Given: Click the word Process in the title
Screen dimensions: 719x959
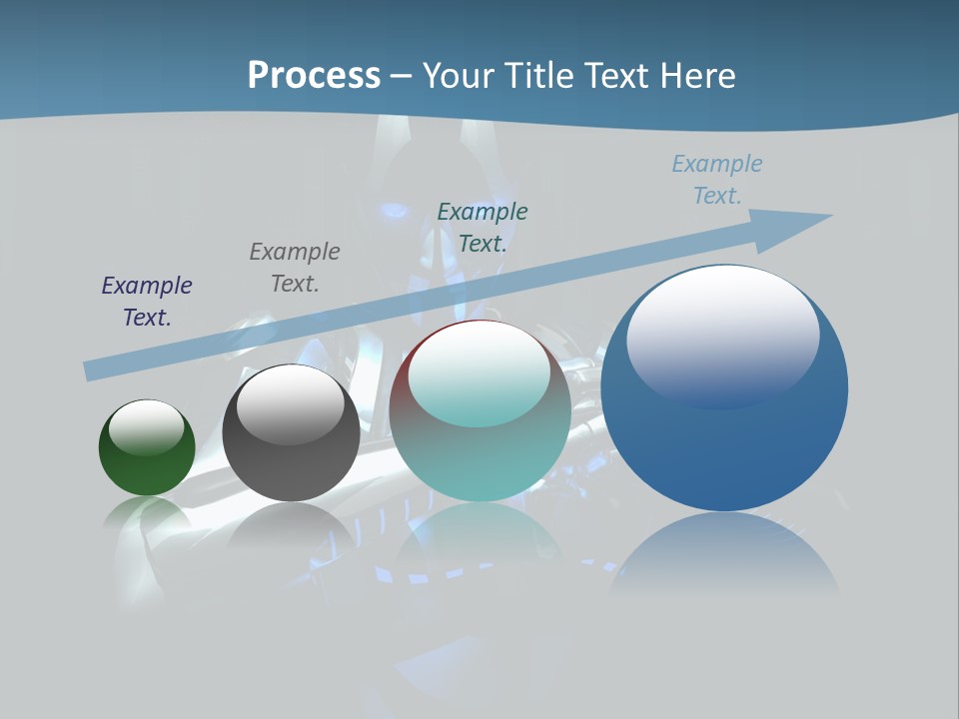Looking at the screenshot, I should click(x=314, y=76).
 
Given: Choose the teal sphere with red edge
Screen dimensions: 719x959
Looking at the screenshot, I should click(x=479, y=449).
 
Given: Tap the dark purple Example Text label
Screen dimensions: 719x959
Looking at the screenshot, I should click(x=147, y=302).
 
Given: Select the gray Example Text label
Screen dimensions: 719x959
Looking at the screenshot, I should click(x=295, y=268).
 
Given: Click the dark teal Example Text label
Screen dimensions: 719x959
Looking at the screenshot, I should click(x=482, y=228).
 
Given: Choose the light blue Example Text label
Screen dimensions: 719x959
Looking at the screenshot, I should click(x=717, y=180).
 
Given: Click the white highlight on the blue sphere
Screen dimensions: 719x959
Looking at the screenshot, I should click(x=722, y=335).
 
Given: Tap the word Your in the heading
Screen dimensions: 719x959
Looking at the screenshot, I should click(x=457, y=76).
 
